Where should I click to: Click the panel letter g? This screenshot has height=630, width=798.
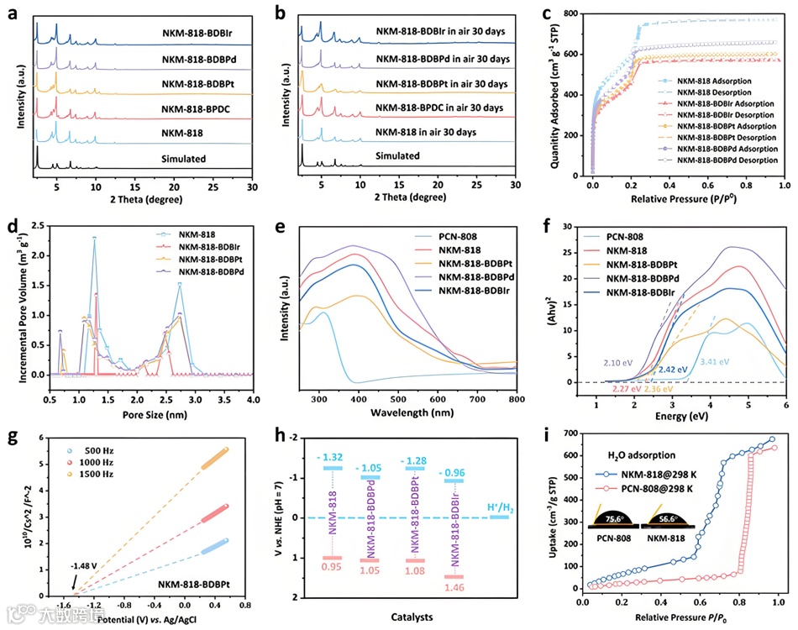13,436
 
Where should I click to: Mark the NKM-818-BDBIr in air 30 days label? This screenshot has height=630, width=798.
441,32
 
